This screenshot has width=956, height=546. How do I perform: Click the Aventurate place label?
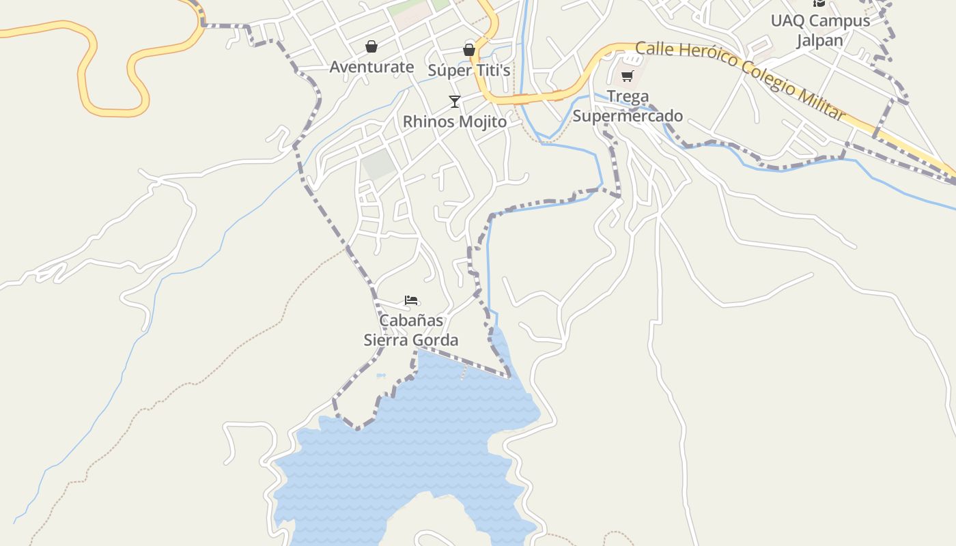pyautogui.click(x=371, y=67)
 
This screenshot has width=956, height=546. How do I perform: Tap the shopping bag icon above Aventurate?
pyautogui.click(x=371, y=46)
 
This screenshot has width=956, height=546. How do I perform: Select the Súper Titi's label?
pyautogui.click(x=469, y=70)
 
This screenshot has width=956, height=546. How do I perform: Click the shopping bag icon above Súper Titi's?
pyautogui.click(x=469, y=49)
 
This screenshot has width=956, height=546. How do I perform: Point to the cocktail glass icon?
pyautogui.click(x=455, y=102)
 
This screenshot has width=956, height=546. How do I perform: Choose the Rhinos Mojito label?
pyautogui.click(x=455, y=121)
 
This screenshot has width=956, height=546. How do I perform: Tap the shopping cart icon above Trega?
pyautogui.click(x=628, y=76)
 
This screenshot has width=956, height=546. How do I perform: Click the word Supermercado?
pyautogui.click(x=628, y=116)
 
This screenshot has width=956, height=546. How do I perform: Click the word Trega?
pyautogui.click(x=628, y=96)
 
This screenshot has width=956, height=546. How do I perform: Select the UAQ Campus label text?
pyautogui.click(x=820, y=20)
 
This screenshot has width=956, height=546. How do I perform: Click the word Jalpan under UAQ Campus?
pyautogui.click(x=820, y=40)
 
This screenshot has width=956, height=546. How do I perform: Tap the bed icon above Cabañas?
pyautogui.click(x=411, y=300)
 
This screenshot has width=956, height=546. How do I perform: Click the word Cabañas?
pyautogui.click(x=411, y=320)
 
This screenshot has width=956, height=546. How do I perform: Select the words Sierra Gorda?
pyautogui.click(x=411, y=340)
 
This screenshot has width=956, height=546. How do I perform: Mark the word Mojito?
pyautogui.click(x=482, y=121)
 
